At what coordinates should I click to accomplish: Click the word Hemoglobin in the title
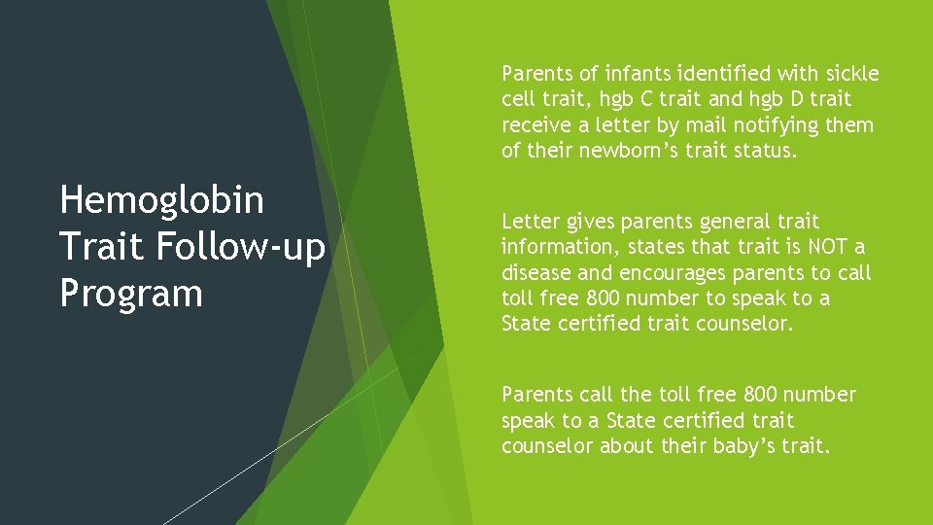pos(161,200)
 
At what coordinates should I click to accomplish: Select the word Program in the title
pos(131,294)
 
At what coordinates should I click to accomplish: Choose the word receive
pos(535,125)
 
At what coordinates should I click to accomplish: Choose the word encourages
pos(651,273)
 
